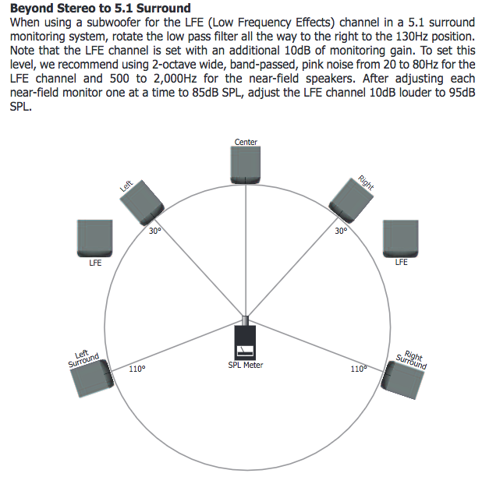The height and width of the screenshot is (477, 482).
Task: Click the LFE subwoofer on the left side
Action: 94,238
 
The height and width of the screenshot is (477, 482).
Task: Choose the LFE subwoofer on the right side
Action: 401,238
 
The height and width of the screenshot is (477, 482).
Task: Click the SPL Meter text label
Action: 246,365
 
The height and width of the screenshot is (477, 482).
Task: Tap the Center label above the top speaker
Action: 246,142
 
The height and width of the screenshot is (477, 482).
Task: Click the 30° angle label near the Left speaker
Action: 155,231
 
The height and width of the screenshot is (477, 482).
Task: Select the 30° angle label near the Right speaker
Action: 341,231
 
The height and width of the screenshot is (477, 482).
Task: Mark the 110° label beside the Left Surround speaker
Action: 137,369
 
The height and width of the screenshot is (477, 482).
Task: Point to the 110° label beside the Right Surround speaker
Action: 358,369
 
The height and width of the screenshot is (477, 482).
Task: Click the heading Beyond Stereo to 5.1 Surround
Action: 100,9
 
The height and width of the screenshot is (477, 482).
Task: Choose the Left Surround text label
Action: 83,358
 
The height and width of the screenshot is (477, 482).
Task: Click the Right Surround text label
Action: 412,359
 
